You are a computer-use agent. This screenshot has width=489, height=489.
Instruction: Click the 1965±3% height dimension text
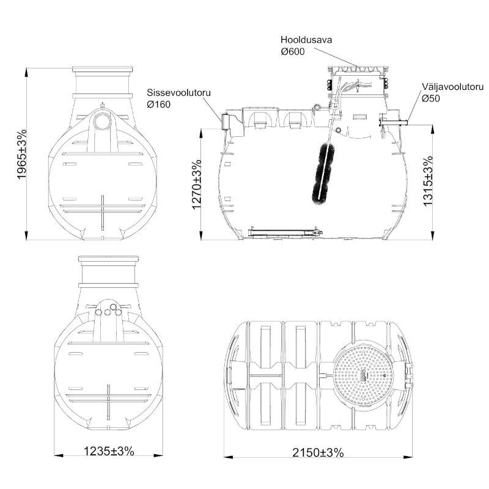pyautogui.click(x=22, y=154)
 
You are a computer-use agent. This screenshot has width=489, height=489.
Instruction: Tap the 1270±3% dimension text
pyautogui.click(x=196, y=185)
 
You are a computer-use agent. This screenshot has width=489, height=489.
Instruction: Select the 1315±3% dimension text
pyautogui.click(x=428, y=180)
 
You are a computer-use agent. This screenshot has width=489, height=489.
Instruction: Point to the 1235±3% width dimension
pyautogui.click(x=109, y=451)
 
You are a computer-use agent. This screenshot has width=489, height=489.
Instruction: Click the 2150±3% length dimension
pyautogui.click(x=318, y=452)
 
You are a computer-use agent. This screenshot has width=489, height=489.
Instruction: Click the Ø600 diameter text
pyautogui.click(x=293, y=51)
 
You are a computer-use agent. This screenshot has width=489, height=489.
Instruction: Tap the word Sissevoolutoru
pyautogui.click(x=178, y=93)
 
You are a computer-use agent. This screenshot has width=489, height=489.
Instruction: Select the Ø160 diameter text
pyautogui.click(x=159, y=105)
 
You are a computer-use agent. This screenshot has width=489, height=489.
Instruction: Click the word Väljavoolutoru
pyautogui.click(x=453, y=87)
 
